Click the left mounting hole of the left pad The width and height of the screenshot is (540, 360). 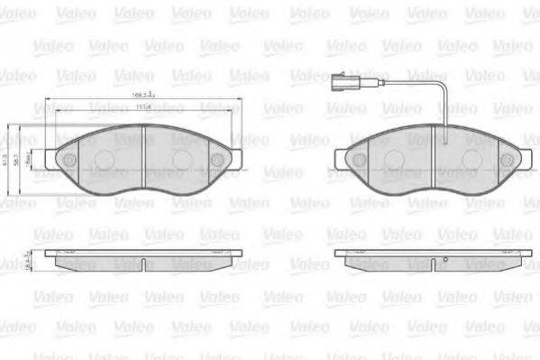[x=65, y=161]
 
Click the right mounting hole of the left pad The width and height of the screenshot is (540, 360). [x=216, y=161]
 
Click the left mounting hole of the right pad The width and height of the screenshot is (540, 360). [x=359, y=161]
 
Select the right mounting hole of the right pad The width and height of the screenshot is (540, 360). [x=510, y=161]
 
